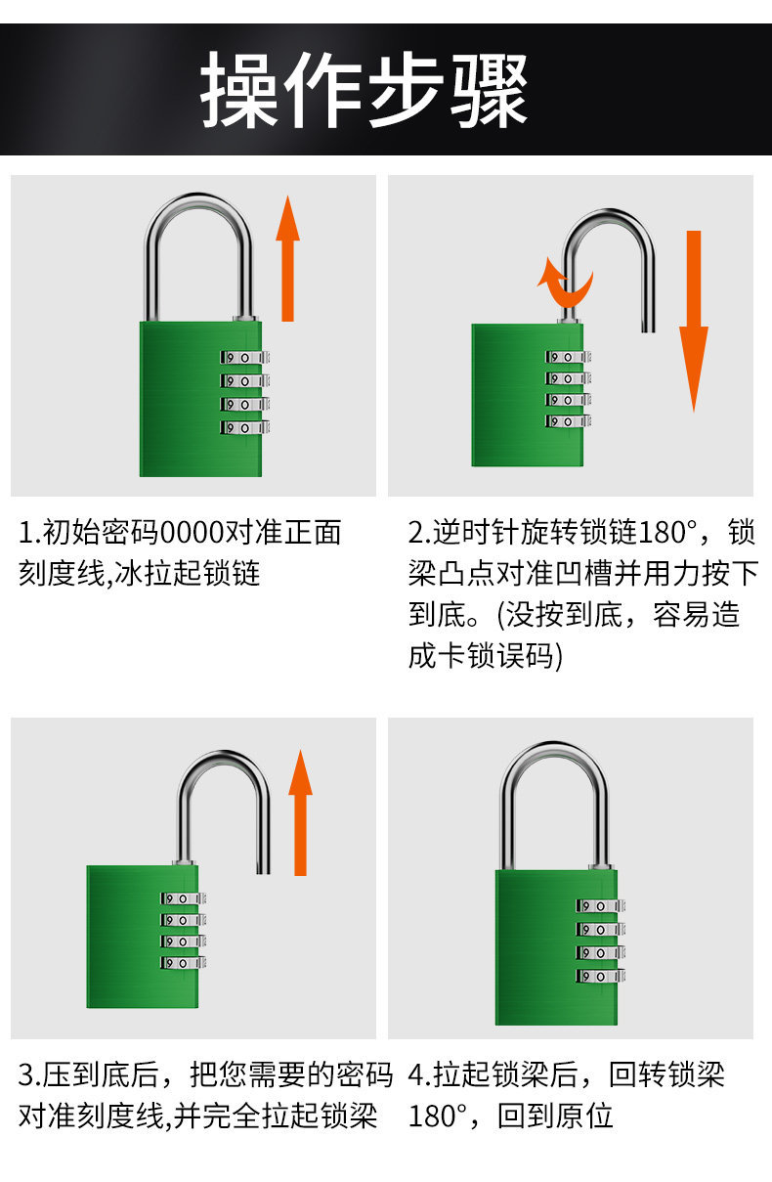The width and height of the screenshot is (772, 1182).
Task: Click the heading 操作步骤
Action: tap(364, 90)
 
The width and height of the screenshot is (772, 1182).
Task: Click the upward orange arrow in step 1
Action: tap(288, 258)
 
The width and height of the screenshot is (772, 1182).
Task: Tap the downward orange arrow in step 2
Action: tap(694, 321)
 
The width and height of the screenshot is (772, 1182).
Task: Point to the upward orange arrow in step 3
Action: tap(301, 812)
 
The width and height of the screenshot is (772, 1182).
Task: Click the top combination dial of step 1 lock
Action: tap(245, 358)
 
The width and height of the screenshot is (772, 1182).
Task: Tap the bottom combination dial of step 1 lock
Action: tap(245, 427)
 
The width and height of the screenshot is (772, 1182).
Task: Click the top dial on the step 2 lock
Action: tap(568, 357)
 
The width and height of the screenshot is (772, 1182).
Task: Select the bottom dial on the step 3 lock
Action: tap(184, 963)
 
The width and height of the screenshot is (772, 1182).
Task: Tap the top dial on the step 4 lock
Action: tap(601, 906)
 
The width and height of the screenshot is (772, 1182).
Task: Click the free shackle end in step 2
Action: tap(648, 328)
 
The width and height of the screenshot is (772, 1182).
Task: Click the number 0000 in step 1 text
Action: tap(192, 533)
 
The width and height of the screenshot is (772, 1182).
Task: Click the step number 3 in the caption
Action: tap(25, 1074)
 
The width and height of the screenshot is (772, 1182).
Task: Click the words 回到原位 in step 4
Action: tap(555, 1116)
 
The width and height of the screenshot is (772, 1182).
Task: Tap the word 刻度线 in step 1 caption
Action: tap(63, 574)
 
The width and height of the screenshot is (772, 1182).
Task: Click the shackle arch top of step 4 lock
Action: tap(554, 748)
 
